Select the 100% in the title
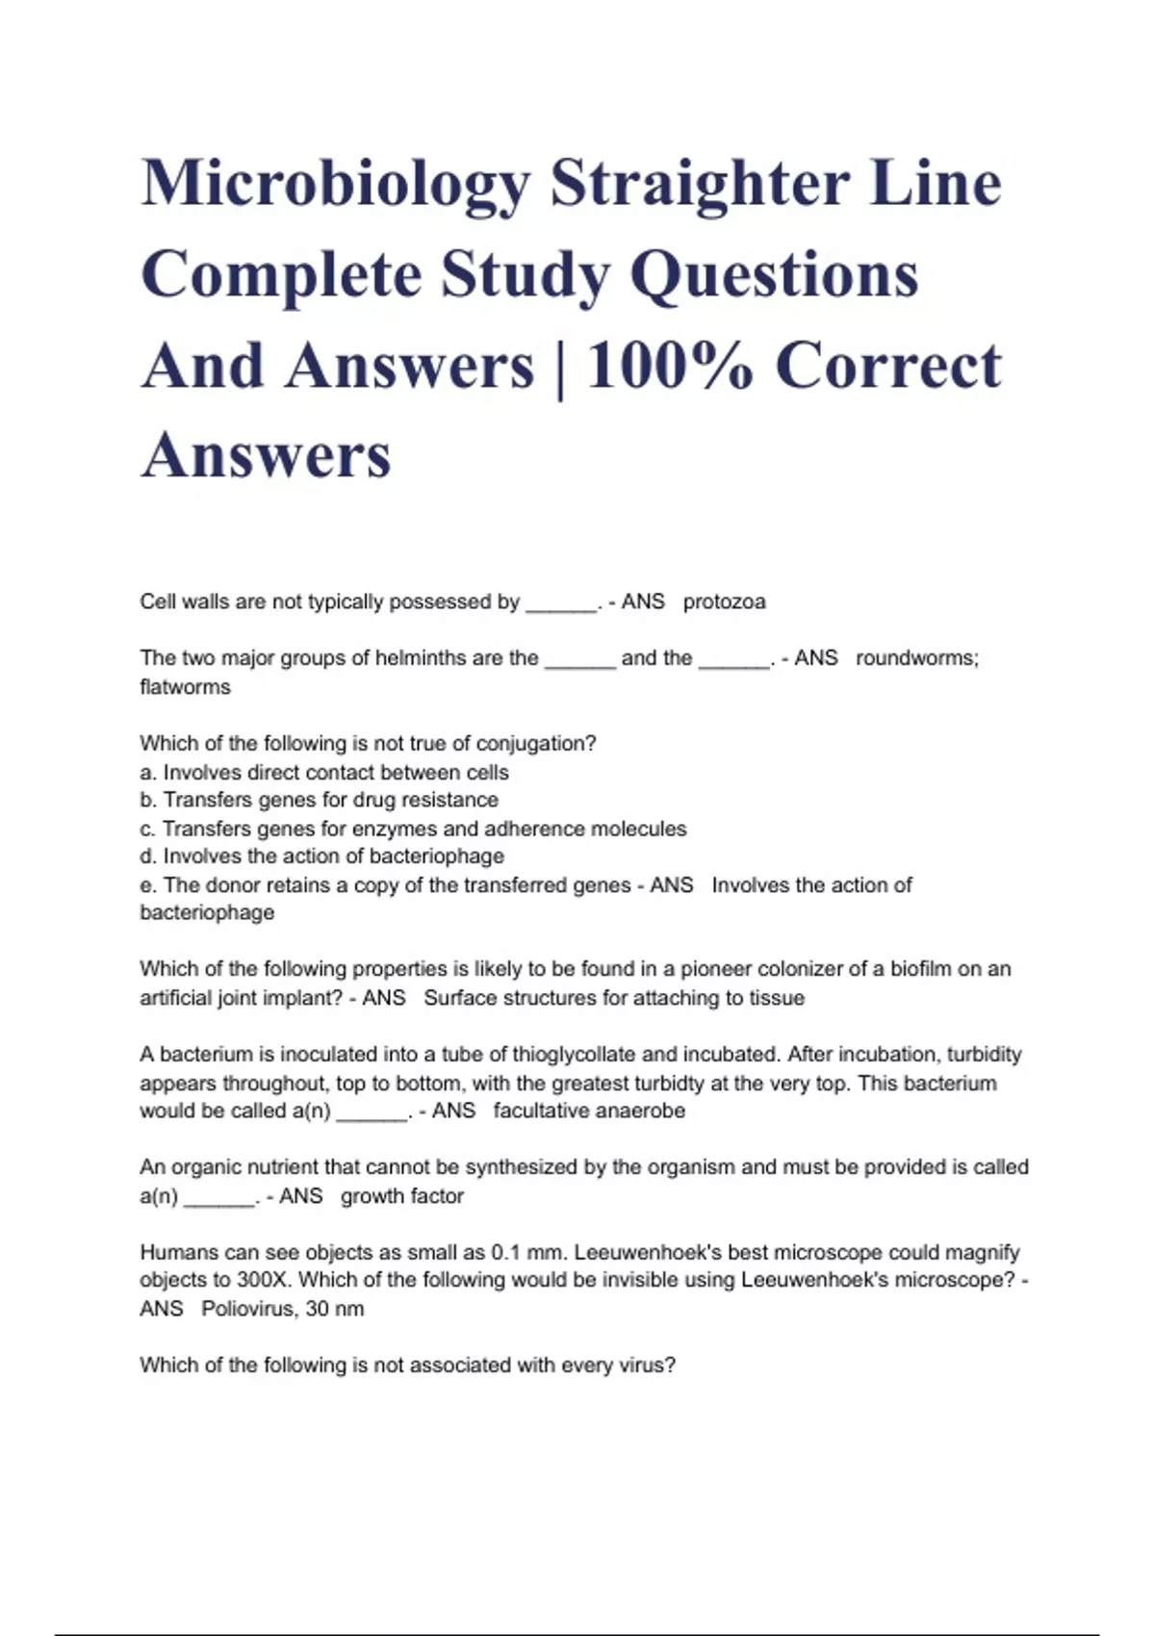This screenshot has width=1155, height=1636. pos(669,367)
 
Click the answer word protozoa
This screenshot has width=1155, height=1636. pos(724,602)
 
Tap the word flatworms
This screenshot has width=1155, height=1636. pos(185,687)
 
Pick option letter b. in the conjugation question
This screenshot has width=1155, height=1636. pos(148,801)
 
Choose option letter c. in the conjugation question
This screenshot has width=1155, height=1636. pos(148,829)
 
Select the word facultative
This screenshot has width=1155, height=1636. pos(541,1111)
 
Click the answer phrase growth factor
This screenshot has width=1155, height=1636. pos(402,1196)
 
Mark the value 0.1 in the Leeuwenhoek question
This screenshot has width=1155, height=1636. pos(506,1253)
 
